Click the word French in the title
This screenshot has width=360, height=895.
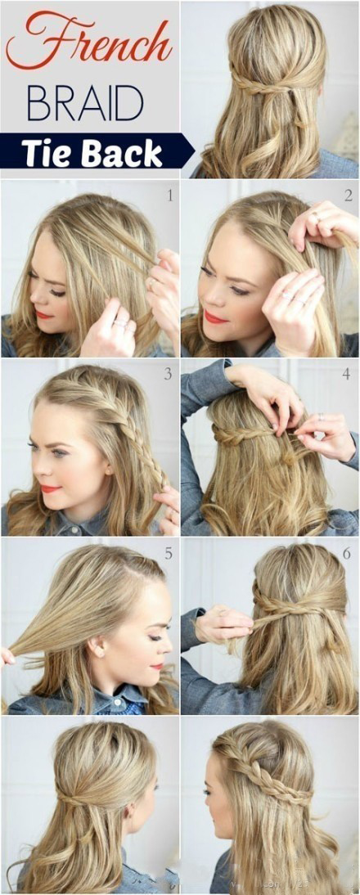pos(88,41)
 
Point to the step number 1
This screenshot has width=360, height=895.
pos(169,196)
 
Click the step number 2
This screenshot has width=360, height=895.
pos(348,196)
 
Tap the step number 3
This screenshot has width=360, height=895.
pos(168,375)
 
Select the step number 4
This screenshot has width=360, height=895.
pos(346,376)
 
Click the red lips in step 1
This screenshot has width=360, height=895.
pos(43,314)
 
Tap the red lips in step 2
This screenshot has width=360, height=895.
pos(216,317)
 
